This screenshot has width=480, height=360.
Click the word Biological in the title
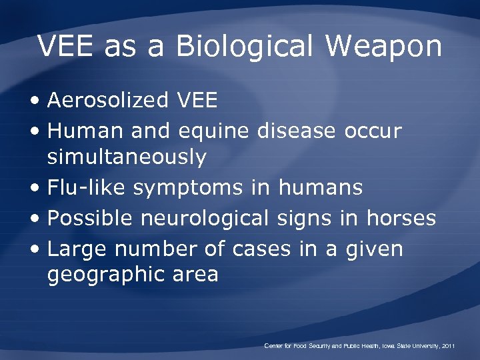click(243, 47)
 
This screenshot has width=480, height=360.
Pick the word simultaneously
click(127, 158)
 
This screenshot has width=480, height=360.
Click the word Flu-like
click(87, 188)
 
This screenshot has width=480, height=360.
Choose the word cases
click(261, 249)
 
